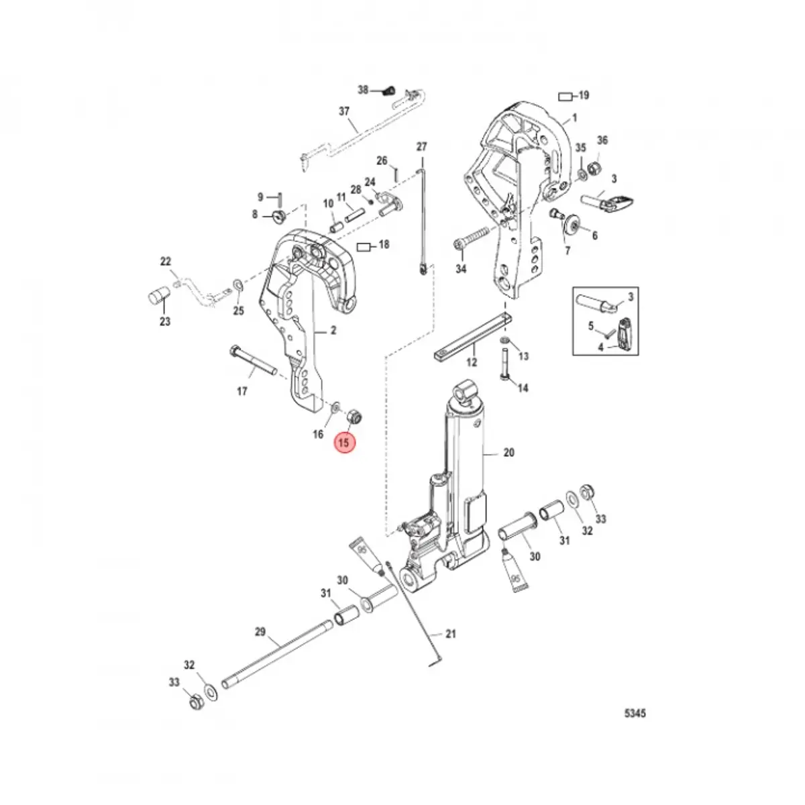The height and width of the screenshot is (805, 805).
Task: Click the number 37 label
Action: click(344, 111)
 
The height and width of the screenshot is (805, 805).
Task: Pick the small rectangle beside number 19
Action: click(566, 96)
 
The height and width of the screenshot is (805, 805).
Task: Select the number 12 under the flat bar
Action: click(472, 363)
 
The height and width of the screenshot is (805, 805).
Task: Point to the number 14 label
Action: click(523, 388)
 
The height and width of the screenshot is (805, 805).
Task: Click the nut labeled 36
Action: click(594, 168)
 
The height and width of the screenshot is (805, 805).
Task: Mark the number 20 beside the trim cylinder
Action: click(508, 453)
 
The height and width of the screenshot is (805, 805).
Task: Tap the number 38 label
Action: click(363, 90)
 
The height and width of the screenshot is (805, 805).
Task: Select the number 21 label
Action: click(451, 633)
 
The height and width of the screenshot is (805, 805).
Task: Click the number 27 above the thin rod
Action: click(421, 146)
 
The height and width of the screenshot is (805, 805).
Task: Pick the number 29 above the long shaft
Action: click(260, 632)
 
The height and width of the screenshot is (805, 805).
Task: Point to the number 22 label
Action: click(165, 262)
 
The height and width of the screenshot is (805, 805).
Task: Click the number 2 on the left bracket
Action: click(333, 330)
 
